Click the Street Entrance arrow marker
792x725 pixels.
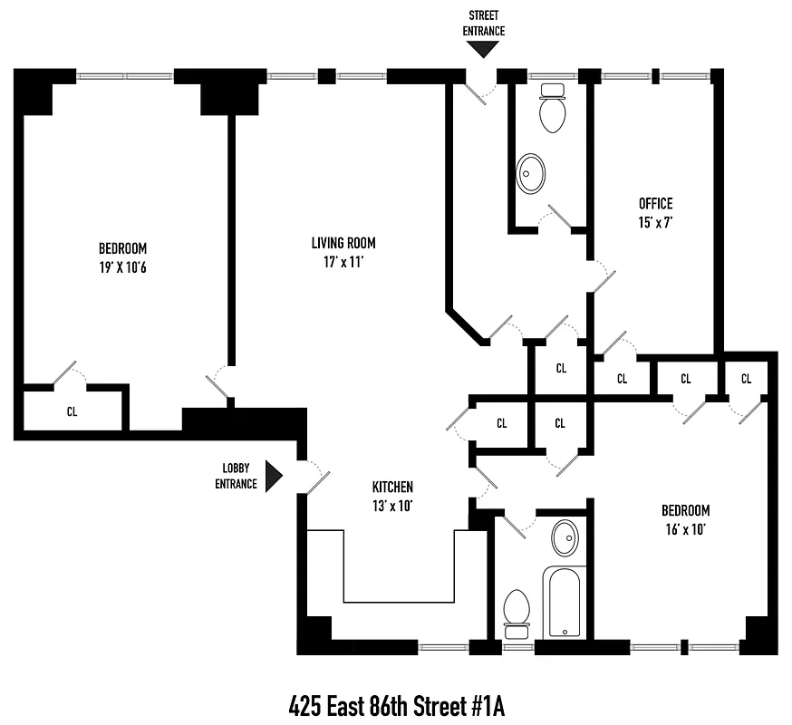[484, 51]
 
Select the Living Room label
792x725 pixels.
[343, 243]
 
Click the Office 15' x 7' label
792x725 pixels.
[655, 211]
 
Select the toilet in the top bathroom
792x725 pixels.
[552, 109]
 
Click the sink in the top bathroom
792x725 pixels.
[531, 172]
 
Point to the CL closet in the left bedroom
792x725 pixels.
[72, 411]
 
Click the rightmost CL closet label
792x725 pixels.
[746, 379]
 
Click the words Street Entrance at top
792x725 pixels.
[484, 23]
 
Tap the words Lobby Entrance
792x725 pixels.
[236, 476]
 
